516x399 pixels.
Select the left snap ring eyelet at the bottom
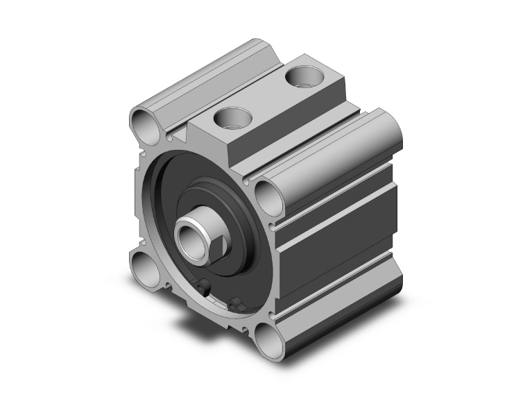203,287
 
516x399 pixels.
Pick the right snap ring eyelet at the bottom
234,303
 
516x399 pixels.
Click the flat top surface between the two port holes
267,97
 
